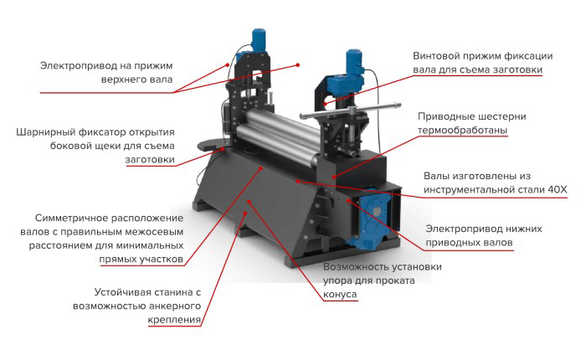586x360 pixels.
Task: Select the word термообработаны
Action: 462,131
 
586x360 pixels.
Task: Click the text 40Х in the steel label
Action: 558,189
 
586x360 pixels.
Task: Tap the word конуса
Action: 340,295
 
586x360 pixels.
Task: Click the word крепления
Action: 174,320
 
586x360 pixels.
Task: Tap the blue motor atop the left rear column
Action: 258,40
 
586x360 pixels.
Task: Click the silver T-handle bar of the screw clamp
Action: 350,111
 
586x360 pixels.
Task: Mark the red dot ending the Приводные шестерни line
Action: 334,177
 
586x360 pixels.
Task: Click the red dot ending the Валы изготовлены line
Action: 297,182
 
